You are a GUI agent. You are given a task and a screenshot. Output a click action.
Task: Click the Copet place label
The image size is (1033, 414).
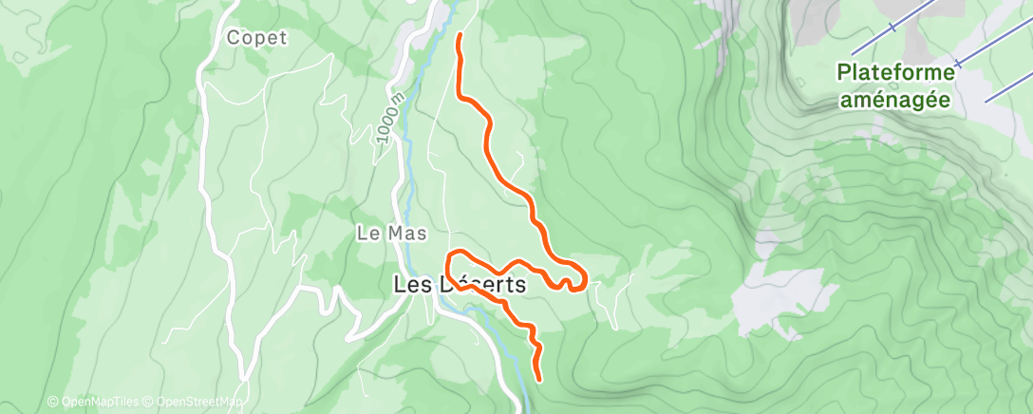(256, 38)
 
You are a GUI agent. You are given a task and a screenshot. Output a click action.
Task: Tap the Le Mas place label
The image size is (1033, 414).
(391, 233)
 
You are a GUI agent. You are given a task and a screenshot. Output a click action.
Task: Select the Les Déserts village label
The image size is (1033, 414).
(460, 284)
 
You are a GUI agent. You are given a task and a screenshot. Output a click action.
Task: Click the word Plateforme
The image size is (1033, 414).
(896, 72)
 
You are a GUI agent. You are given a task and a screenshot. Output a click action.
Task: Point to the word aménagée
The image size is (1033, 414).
(896, 99)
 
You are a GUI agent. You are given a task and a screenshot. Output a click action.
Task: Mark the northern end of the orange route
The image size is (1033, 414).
(460, 36)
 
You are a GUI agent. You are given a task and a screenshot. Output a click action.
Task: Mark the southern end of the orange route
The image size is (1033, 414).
(539, 379)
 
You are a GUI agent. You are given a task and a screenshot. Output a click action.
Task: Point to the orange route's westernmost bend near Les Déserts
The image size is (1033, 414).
(449, 259)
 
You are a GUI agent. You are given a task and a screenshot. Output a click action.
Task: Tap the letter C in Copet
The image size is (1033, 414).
(234, 38)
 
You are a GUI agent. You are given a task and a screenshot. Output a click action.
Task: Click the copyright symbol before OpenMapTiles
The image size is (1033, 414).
(53, 403)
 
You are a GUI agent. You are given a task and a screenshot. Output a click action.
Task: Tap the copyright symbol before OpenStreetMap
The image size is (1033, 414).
(150, 403)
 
